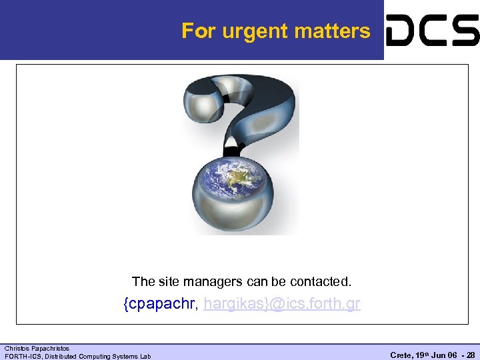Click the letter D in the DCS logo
[402, 31]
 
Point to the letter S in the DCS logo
[465, 31]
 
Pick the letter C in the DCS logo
[433, 31]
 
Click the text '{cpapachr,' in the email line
[160, 305]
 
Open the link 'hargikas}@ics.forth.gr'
[282, 305]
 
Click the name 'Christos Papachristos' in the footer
[37, 349]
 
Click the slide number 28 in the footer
[471, 356]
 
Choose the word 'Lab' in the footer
[145, 356]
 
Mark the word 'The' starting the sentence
[143, 282]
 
